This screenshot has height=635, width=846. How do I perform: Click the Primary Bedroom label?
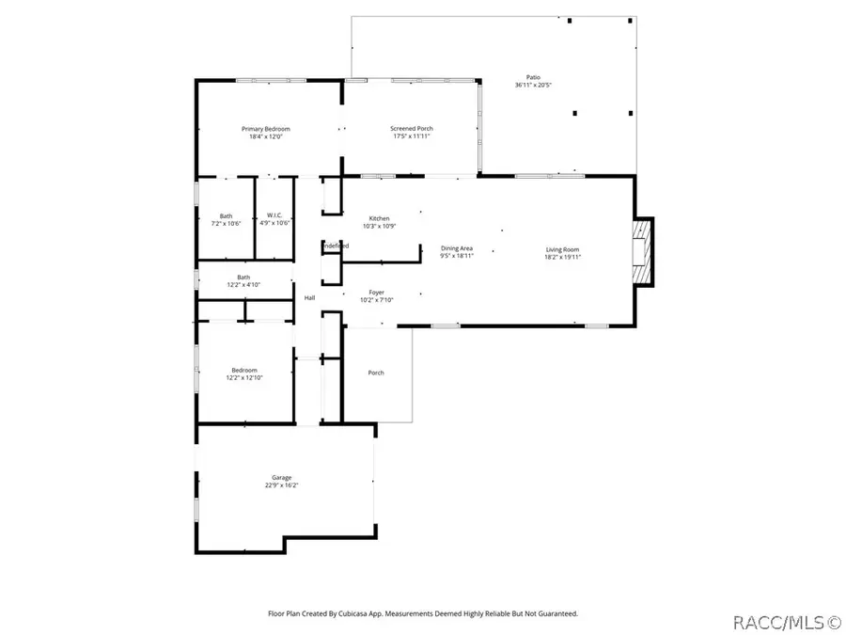click(x=266, y=129)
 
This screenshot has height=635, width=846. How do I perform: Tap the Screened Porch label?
click(x=412, y=129)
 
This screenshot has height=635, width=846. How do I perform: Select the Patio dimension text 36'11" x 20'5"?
click(x=533, y=86)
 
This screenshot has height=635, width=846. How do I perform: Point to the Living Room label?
click(x=564, y=249)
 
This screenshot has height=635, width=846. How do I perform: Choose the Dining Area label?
click(x=458, y=248)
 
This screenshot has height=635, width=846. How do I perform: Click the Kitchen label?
click(x=379, y=218)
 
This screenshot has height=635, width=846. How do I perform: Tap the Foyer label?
click(x=376, y=293)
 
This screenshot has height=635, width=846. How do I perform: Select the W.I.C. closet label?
click(x=275, y=215)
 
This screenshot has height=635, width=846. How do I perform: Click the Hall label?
click(x=309, y=298)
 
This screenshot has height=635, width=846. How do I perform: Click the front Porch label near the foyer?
click(x=375, y=373)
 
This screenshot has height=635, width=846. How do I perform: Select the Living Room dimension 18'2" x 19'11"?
click(x=564, y=256)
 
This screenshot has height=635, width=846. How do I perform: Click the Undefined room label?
click(x=336, y=246)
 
